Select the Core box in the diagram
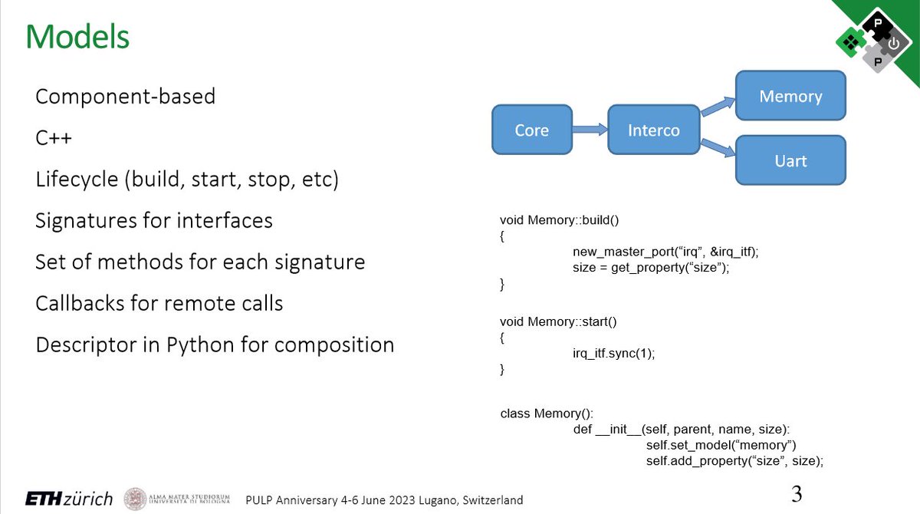(531, 130)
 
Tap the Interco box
(653, 130)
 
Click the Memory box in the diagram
(790, 96)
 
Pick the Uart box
(790, 161)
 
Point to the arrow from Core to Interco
(590, 130)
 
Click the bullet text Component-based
(125, 97)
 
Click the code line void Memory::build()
(559, 220)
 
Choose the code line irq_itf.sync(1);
(614, 353)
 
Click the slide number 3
(797, 493)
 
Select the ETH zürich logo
(69, 499)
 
